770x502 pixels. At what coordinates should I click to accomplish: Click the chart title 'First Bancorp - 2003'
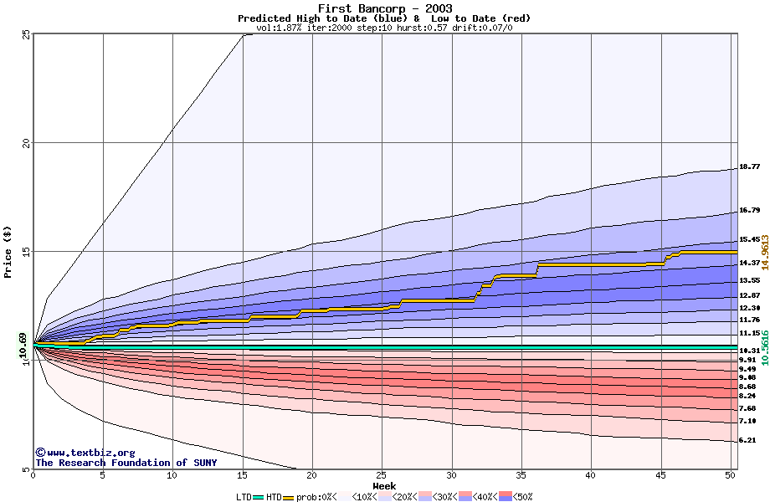(x=384, y=8)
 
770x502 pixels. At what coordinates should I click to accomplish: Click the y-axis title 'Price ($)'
(x=8, y=252)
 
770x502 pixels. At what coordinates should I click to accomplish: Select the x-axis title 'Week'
(x=384, y=486)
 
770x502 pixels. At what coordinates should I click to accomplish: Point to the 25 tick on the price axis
(x=26, y=34)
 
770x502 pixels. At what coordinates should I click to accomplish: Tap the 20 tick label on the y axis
(x=26, y=142)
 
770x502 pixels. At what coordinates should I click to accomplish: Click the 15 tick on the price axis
(x=26, y=251)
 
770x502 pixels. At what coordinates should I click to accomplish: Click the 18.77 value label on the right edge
(x=749, y=166)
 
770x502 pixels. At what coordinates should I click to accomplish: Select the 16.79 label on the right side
(x=749, y=210)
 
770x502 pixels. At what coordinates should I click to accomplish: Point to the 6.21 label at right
(x=747, y=440)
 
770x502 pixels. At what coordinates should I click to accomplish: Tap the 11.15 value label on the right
(x=749, y=333)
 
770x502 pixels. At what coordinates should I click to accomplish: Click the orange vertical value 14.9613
(x=764, y=251)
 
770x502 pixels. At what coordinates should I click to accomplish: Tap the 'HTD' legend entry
(x=273, y=497)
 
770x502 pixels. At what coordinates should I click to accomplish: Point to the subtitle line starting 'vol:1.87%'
(x=384, y=28)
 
